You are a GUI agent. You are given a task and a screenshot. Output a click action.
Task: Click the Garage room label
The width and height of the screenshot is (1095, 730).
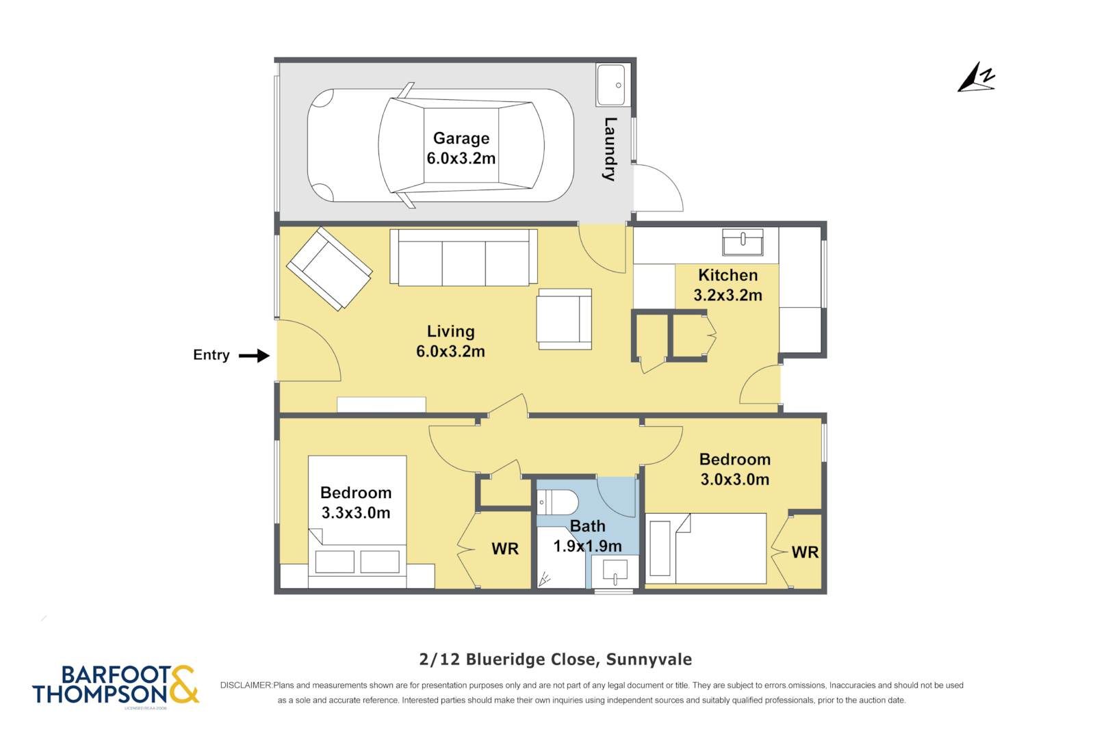click(461, 148)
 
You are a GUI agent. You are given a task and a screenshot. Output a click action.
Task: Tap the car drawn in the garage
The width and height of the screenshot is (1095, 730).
click(441, 145)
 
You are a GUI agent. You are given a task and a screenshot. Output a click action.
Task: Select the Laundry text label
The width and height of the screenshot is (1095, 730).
click(610, 149)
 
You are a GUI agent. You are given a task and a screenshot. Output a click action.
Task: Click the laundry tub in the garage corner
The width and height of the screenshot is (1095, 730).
click(610, 85)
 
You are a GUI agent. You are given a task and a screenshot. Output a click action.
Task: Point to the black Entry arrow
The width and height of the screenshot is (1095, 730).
click(254, 356)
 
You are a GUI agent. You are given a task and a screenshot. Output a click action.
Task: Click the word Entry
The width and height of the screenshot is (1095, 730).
click(211, 355)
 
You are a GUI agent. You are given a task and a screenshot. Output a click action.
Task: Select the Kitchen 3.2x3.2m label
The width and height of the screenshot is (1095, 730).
click(728, 285)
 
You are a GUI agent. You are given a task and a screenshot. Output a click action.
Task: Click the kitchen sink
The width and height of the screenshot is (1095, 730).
click(743, 242)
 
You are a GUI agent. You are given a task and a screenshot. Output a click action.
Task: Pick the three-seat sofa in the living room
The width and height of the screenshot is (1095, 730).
click(463, 257)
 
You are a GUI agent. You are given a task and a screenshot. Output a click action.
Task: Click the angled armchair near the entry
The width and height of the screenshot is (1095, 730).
click(329, 268)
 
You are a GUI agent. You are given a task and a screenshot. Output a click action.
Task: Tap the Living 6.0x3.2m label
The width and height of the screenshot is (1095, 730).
click(450, 341)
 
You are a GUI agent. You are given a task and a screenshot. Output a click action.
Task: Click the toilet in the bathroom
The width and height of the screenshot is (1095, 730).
click(557, 501)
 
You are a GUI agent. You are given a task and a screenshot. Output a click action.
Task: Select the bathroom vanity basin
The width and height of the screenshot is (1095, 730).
click(615, 571)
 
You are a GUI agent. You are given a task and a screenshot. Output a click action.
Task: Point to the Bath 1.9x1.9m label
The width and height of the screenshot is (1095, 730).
click(587, 536)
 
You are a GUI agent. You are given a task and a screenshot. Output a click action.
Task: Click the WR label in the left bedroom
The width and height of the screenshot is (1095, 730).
click(505, 549)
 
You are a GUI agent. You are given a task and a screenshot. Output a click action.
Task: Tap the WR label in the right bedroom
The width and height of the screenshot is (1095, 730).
click(805, 552)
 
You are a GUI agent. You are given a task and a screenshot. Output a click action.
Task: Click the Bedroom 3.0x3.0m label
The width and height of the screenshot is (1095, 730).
click(735, 469)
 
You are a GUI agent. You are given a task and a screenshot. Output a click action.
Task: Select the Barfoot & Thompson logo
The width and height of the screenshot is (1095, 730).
click(116, 685)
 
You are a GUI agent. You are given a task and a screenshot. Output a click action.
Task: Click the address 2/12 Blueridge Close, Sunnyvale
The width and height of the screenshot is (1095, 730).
click(555, 660)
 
